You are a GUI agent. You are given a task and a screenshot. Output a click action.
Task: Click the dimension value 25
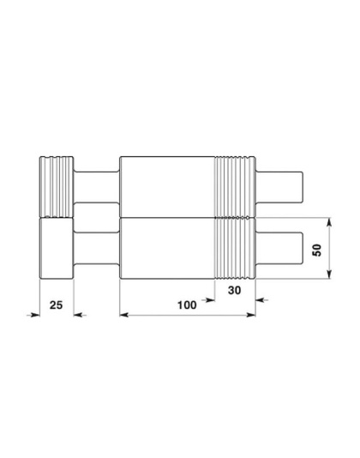56,305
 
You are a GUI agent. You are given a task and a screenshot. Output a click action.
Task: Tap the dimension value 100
187,305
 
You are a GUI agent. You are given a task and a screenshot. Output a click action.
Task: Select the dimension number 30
235,291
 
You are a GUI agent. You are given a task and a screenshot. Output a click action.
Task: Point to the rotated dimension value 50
317,250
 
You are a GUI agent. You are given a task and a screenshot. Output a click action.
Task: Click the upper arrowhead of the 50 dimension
329,223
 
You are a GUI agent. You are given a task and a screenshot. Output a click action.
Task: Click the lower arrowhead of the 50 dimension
329,274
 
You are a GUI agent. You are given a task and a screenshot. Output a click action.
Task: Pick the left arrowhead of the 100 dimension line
124,315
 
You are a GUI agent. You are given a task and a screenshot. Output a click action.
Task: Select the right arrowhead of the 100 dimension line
251,315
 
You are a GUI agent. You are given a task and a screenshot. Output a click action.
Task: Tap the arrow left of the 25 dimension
33,315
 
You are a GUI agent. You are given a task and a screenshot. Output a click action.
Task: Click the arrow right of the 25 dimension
80,315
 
